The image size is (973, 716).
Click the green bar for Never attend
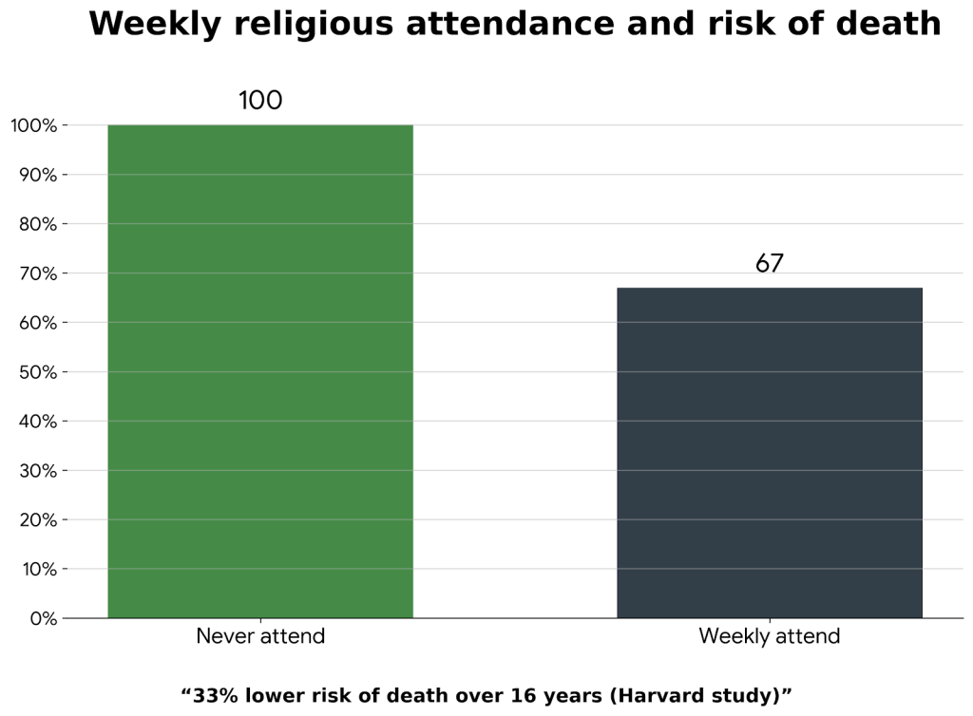[260, 371]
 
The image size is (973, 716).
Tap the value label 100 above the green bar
[260, 101]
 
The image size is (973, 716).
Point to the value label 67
[770, 264]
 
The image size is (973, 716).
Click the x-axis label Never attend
[260, 636]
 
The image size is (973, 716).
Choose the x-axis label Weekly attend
[770, 636]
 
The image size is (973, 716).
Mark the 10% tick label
[38, 570]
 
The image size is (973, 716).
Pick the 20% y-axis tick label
[38, 520]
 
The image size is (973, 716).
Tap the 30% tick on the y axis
[38, 471]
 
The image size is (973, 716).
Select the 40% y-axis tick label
[38, 422]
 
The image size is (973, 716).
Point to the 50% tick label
[38, 372]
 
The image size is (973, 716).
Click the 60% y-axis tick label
[38, 323]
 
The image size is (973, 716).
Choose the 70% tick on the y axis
[38, 273]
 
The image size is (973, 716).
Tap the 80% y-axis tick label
[38, 224]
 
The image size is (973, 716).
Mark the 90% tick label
[38, 175]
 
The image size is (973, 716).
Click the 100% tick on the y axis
[34, 125]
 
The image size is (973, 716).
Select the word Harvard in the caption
[652, 695]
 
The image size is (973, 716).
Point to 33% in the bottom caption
[217, 695]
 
